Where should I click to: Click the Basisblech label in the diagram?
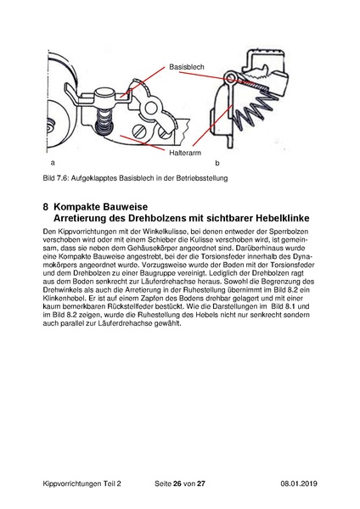tap(187, 67)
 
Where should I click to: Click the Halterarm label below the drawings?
tap(185, 153)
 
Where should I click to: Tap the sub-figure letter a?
tap(53, 163)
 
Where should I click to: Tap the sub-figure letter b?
tap(217, 163)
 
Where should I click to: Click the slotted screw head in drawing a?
tap(140, 131)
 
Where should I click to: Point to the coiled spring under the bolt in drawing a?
tap(104, 120)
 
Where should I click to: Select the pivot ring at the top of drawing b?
tap(230, 76)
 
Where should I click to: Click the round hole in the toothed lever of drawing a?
tap(151, 108)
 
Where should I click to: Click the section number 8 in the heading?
tap(46, 207)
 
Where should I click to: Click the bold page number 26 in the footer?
tap(177, 484)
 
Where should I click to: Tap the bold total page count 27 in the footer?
tap(201, 484)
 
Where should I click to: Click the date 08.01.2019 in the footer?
tap(299, 484)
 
